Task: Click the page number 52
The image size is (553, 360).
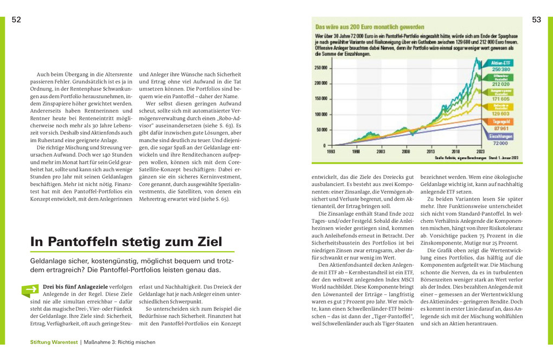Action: tap(16, 20)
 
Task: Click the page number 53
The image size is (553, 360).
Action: tap(536, 20)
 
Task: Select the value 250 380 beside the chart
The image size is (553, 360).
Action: tap(500, 69)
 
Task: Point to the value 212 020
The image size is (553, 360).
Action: tap(500, 84)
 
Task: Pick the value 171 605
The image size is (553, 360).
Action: tap(500, 99)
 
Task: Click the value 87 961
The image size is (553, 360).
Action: tap(500, 128)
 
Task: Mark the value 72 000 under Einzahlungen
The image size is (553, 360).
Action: tap(500, 143)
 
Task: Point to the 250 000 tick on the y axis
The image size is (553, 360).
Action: tap(320, 68)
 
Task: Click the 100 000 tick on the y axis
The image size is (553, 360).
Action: tap(320, 114)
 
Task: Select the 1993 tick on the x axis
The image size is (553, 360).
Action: tap(331, 152)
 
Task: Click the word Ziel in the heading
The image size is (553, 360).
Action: tap(206, 242)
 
